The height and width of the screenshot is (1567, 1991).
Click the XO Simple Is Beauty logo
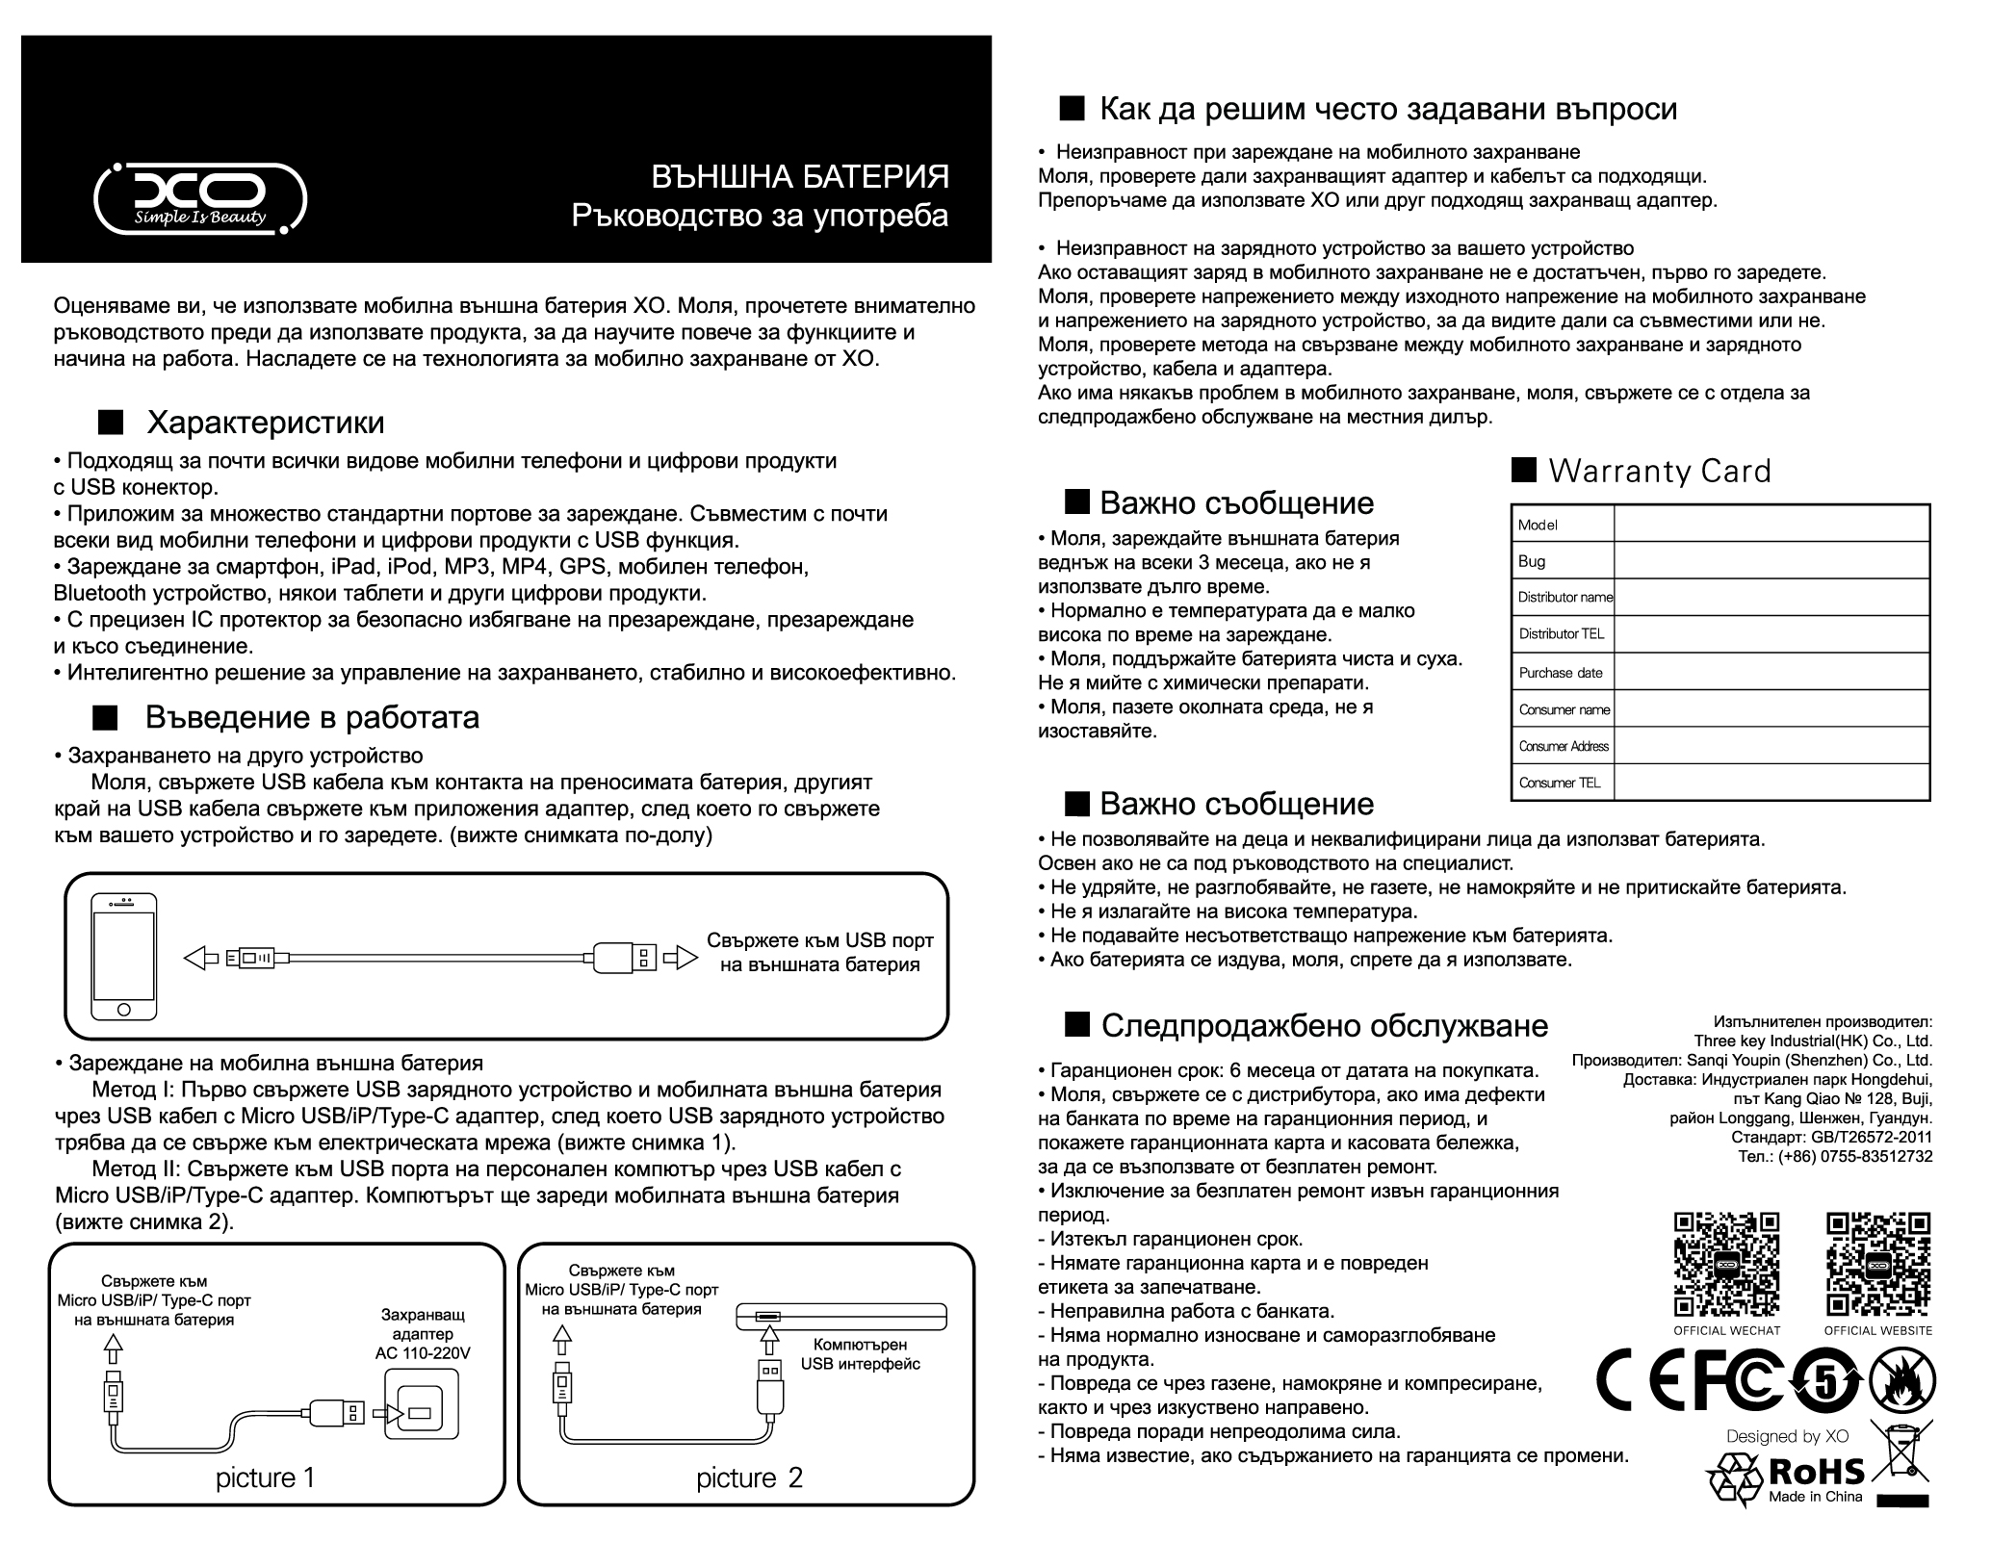click(200, 198)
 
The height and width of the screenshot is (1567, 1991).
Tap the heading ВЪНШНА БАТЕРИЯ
click(800, 177)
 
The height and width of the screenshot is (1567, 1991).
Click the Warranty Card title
click(1659, 472)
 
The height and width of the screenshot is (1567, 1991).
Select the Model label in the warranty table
click(1538, 525)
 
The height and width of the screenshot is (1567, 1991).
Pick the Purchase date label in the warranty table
click(1561, 673)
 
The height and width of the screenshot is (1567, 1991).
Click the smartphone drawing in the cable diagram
click(123, 957)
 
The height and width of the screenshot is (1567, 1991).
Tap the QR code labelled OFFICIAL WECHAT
click(1726, 1264)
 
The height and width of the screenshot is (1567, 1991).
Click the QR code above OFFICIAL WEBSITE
click(1878, 1264)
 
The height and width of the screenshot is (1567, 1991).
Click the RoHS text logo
click(1817, 1471)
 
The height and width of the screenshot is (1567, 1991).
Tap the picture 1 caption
click(265, 1477)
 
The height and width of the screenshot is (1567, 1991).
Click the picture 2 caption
click(749, 1478)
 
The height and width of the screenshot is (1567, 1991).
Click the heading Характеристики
click(265, 423)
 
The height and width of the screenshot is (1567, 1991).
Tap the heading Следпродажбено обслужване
click(1324, 1026)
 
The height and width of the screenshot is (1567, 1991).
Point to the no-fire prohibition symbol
click(1902, 1381)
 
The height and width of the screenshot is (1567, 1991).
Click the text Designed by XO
click(1787, 1436)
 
